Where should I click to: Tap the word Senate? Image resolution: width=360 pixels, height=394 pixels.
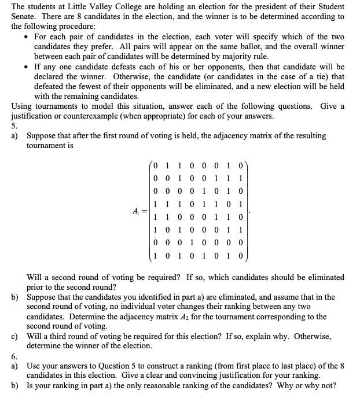pyautogui.click(x=24, y=16)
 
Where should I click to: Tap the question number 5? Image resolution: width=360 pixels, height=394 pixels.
pyautogui.click(x=14, y=126)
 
